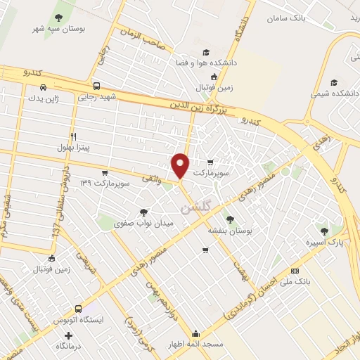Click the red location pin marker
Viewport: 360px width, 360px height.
pos(181,165)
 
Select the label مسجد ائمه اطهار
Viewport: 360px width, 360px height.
pos(196,345)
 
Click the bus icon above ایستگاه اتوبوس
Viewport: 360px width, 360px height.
pos(77,308)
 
